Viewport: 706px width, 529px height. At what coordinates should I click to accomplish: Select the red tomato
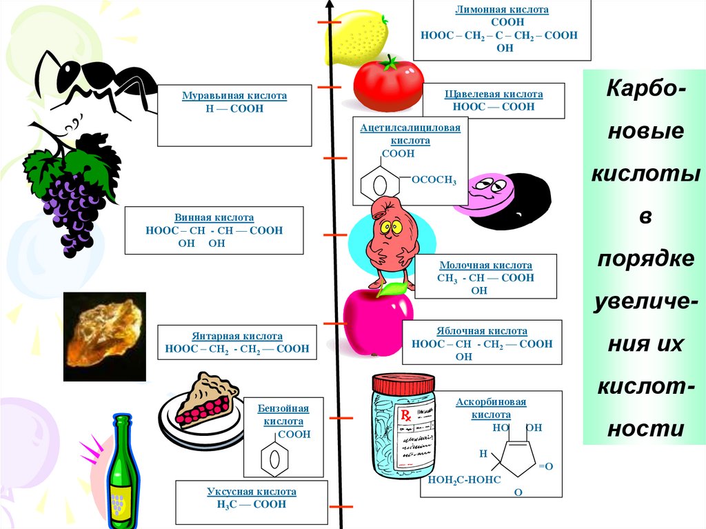pyautogui.click(x=387, y=83)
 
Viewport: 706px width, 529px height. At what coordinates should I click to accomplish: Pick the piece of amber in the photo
pyautogui.click(x=104, y=336)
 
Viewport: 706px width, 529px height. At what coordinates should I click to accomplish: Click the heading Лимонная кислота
pyautogui.click(x=502, y=11)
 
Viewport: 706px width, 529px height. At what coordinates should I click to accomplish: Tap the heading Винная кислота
pyautogui.click(x=214, y=217)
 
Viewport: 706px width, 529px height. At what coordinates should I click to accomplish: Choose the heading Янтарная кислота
pyautogui.click(x=238, y=336)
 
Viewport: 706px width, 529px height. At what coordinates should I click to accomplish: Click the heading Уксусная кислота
pyautogui.click(x=251, y=492)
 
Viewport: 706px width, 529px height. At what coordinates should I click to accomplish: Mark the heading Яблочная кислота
pyautogui.click(x=482, y=331)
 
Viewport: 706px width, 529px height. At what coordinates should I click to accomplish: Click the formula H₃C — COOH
pyautogui.click(x=251, y=504)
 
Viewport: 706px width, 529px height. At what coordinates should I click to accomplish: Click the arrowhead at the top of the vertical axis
pyautogui.click(x=332, y=9)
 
